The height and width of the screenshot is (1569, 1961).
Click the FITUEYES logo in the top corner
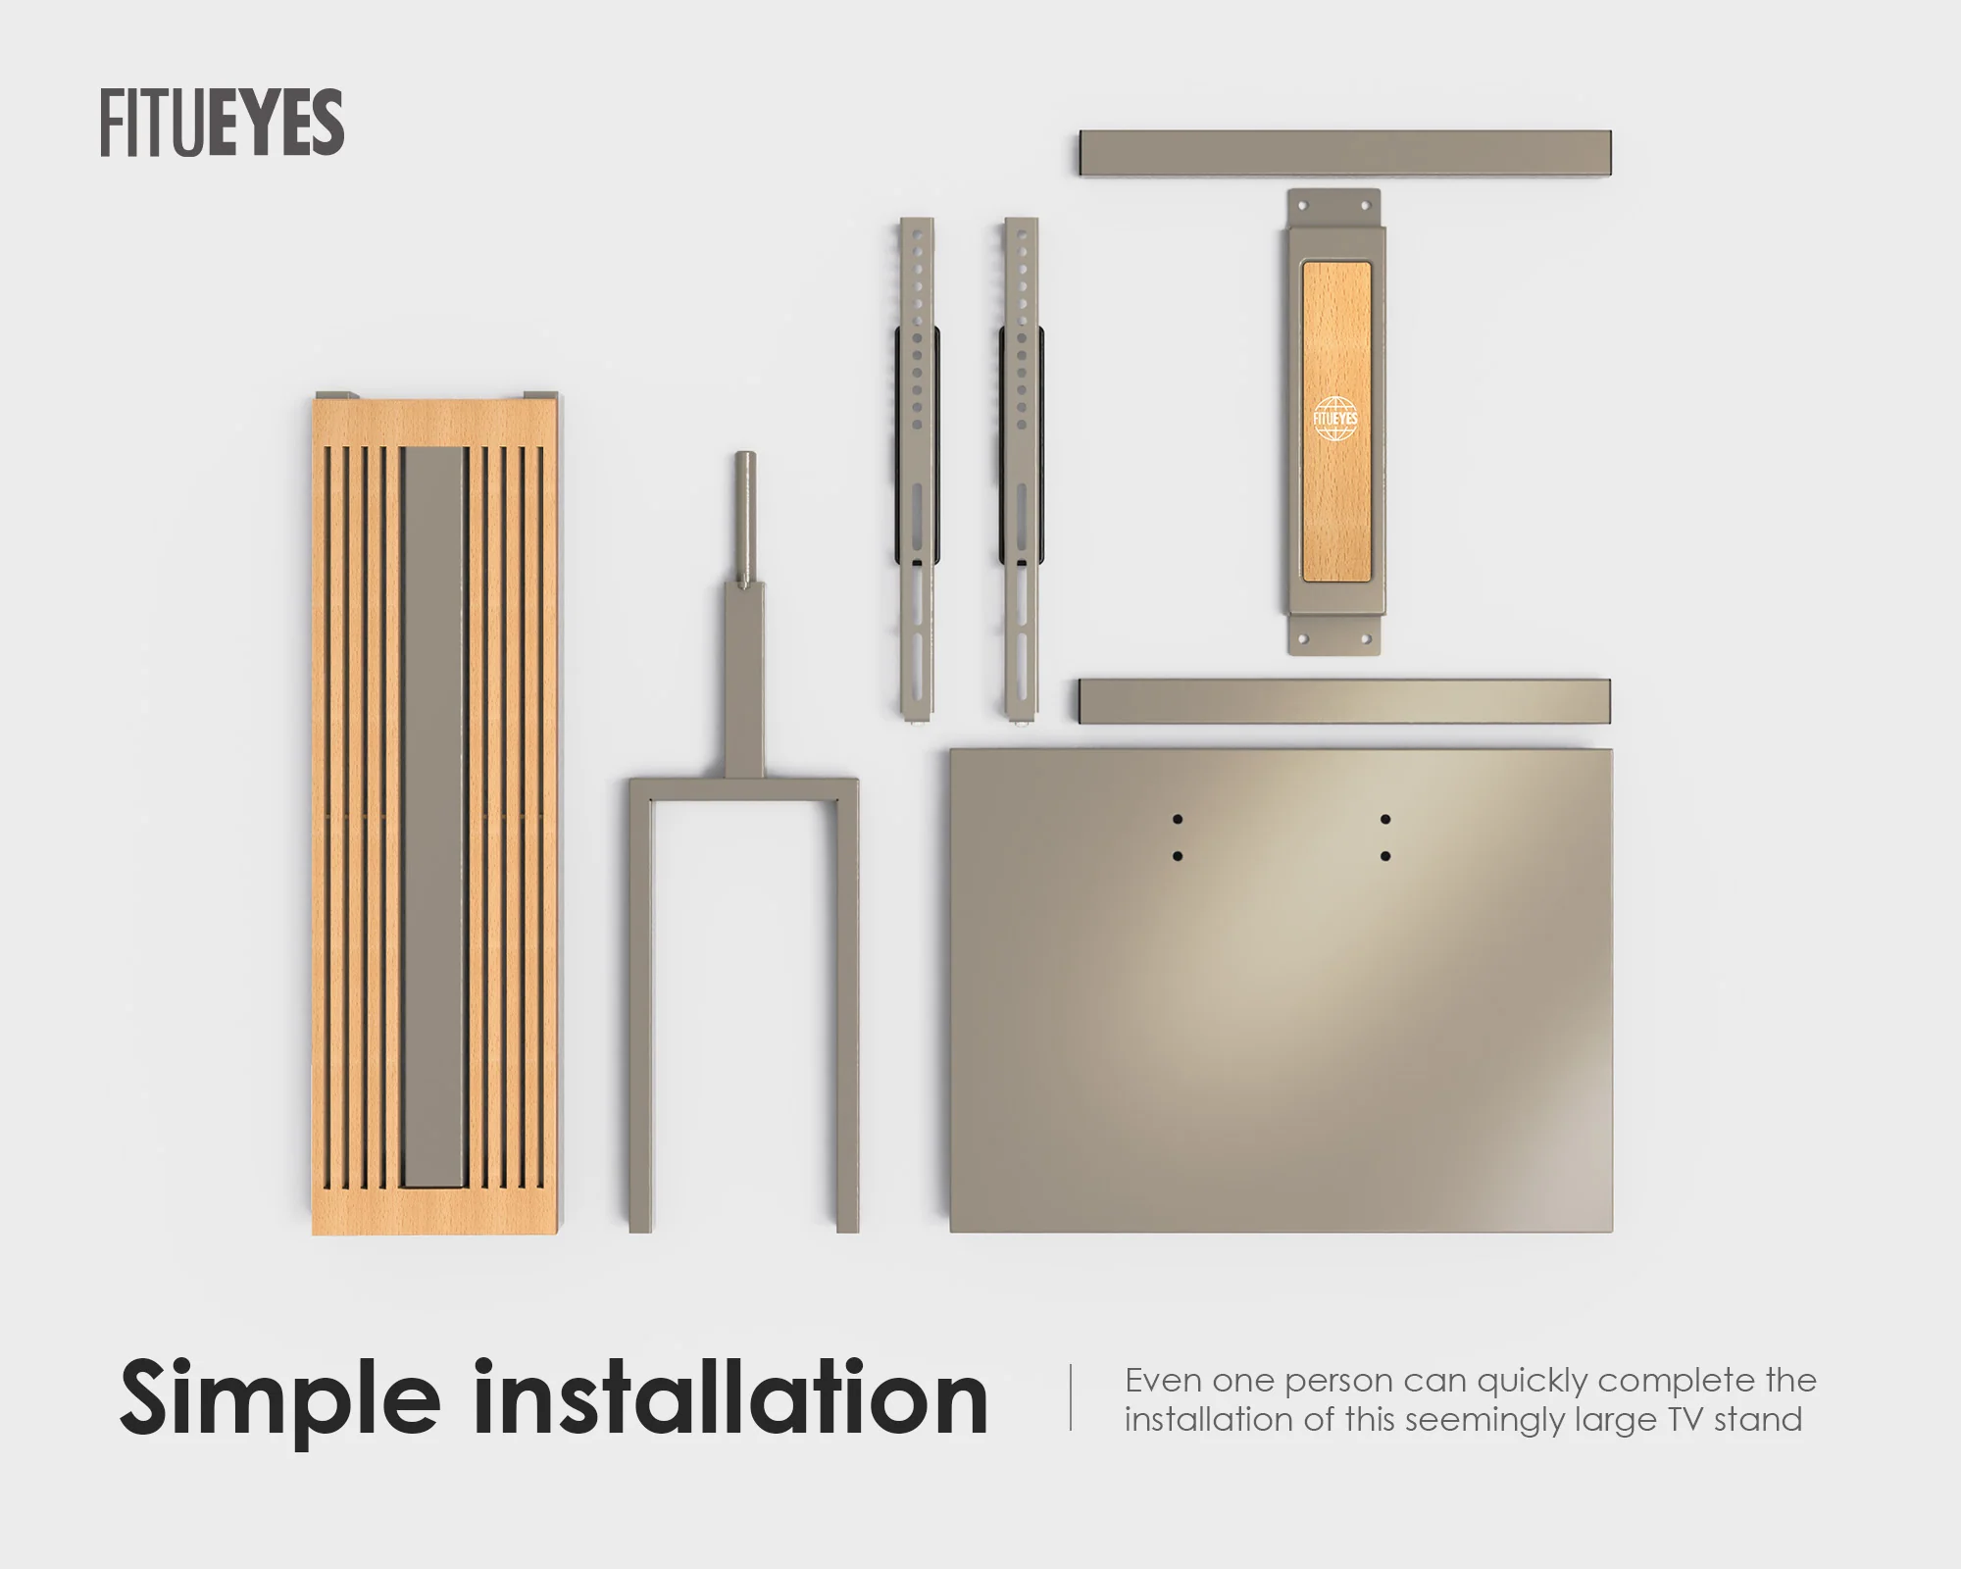(x=222, y=123)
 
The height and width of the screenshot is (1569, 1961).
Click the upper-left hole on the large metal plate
(x=1178, y=819)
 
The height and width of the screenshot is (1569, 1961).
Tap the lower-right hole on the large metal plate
(x=1385, y=856)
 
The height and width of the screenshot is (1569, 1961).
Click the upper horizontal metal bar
(x=1346, y=153)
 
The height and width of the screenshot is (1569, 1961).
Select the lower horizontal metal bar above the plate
(x=1345, y=702)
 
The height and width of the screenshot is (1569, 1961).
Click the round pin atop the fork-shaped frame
(x=745, y=519)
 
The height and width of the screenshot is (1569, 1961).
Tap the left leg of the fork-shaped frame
(x=640, y=1005)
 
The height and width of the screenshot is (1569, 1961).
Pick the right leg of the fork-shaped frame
(x=847, y=1005)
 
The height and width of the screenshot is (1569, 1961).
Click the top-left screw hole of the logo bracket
(x=1303, y=206)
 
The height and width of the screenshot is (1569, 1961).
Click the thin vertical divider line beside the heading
(x=1071, y=1397)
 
